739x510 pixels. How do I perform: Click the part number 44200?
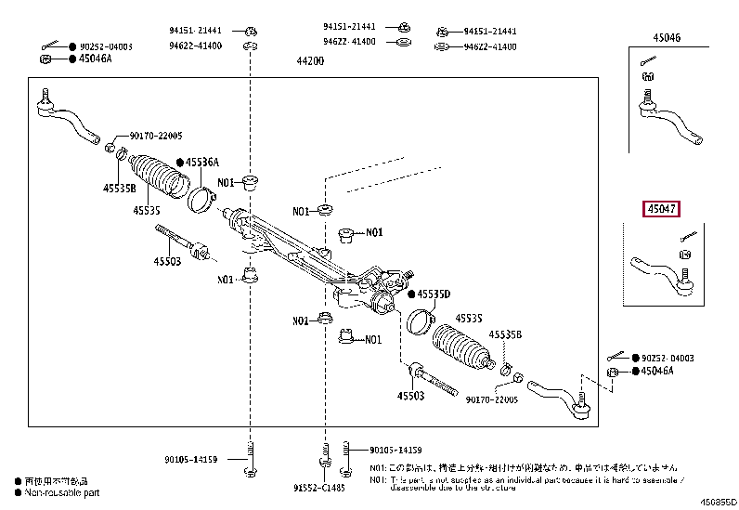click(x=309, y=61)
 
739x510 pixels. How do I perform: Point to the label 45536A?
click(x=201, y=162)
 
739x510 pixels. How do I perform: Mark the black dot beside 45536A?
click(x=180, y=162)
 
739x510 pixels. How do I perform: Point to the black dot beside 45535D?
click(x=411, y=294)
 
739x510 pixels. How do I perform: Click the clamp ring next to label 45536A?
click(x=200, y=197)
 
